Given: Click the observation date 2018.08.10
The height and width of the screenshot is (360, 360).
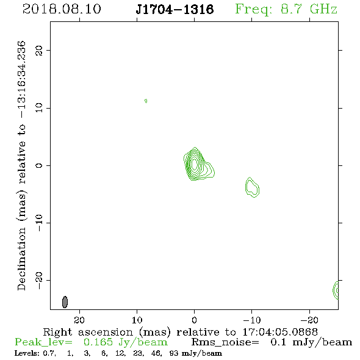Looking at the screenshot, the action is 62,9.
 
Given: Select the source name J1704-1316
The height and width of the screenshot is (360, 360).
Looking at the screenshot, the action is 175,9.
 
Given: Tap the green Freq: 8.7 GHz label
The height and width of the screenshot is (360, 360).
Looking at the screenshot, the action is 286,10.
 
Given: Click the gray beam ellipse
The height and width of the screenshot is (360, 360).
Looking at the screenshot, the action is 65,302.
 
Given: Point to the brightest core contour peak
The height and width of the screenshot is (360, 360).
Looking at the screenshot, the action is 195,164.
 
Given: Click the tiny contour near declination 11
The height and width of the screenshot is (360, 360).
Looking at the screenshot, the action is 146,101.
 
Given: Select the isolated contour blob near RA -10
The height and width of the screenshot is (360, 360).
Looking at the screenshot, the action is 252,187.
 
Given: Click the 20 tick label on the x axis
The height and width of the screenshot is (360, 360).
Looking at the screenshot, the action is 79,320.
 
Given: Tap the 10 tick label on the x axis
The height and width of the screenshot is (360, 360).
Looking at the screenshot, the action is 137,320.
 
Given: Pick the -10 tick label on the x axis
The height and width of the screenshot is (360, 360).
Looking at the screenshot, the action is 252,320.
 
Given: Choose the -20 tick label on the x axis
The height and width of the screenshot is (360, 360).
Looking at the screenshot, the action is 309,320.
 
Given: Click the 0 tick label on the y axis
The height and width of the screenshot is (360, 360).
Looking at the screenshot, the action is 39,165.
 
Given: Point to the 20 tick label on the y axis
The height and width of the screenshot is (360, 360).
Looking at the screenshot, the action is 39,50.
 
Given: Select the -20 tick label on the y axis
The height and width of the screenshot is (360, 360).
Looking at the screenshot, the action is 39,280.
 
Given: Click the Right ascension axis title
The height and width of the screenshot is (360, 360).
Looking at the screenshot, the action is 180,332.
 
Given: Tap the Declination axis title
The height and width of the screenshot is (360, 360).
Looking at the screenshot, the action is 21,166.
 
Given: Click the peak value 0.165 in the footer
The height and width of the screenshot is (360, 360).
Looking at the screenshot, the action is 98,342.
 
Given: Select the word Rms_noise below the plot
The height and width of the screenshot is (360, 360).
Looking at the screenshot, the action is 225,342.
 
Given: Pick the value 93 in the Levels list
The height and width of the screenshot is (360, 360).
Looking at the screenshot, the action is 173,353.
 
